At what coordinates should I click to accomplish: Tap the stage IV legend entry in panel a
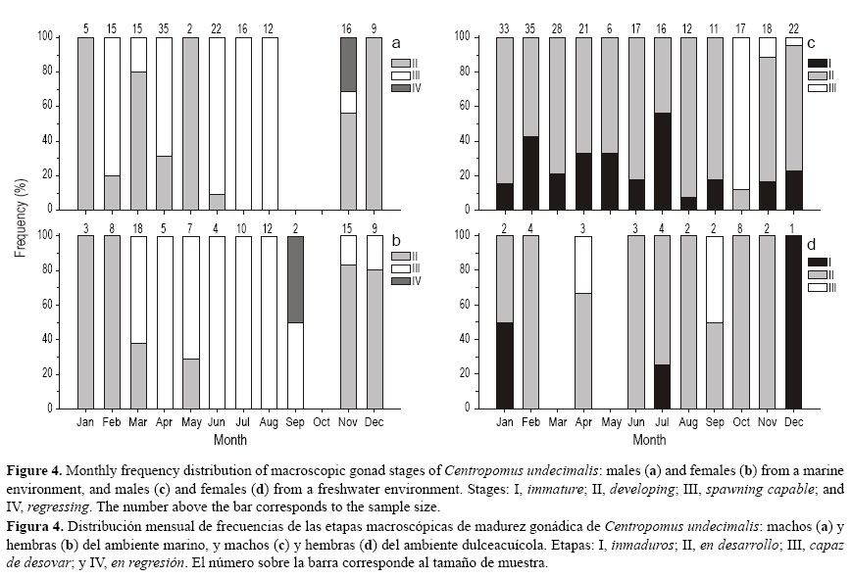(x=402, y=88)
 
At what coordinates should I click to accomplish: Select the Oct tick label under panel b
(x=322, y=422)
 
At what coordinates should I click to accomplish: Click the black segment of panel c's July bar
(x=665, y=162)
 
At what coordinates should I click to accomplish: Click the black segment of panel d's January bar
(x=504, y=364)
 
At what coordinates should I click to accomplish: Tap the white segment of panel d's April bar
(x=582, y=264)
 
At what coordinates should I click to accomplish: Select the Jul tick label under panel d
(x=664, y=422)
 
